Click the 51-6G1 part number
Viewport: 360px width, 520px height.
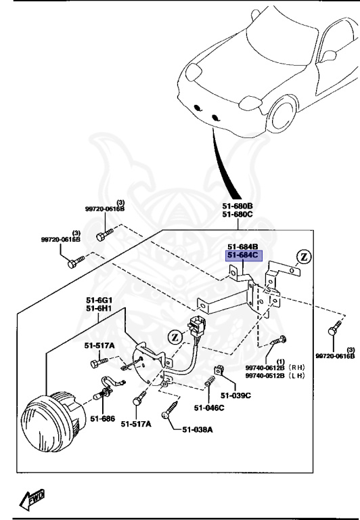pos(98,300)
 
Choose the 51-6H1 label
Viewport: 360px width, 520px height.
pos(98,309)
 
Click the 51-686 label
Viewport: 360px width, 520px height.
pos(104,419)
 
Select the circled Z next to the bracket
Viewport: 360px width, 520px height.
pos(304,257)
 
